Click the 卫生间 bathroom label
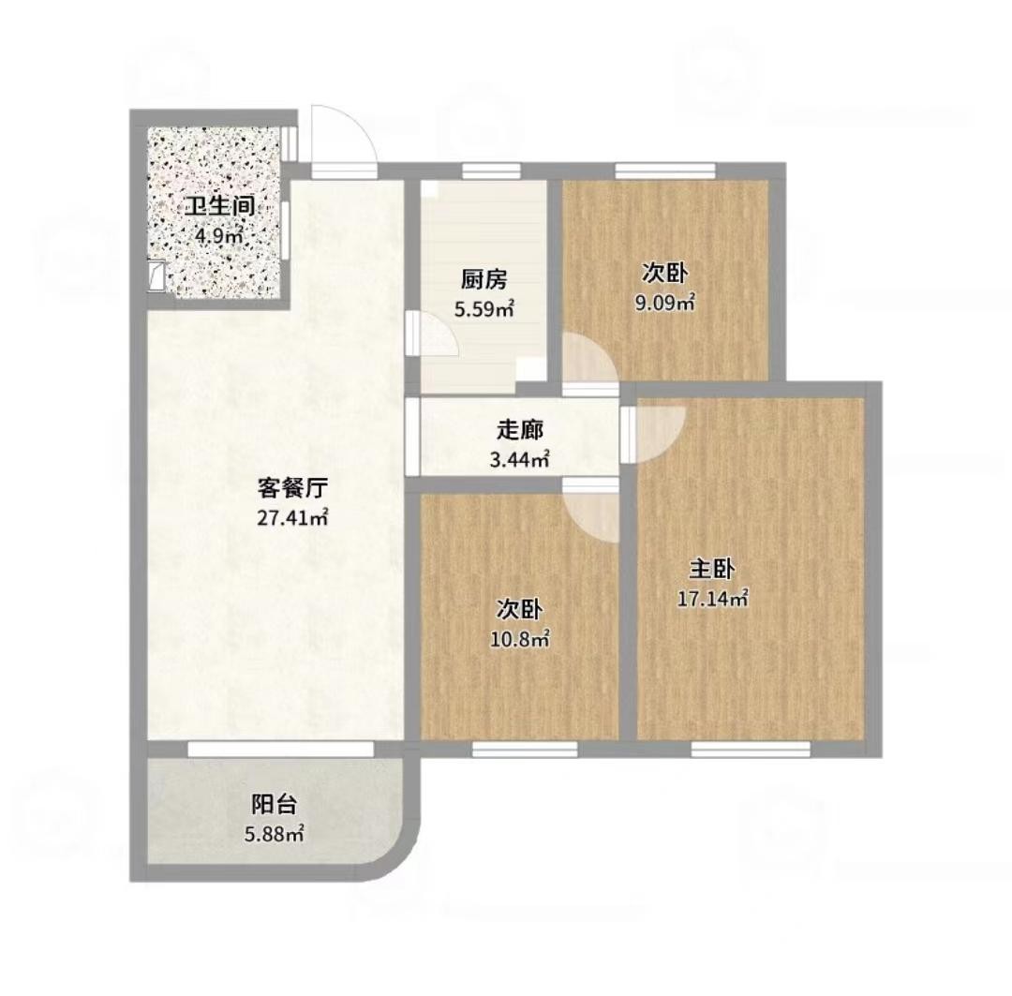(x=218, y=207)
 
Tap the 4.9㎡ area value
(x=218, y=236)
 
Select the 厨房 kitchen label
(x=484, y=280)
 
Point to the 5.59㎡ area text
(x=484, y=310)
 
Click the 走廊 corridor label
(x=519, y=431)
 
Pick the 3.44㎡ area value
(x=519, y=460)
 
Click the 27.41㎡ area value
(x=292, y=518)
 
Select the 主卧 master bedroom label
(x=712, y=570)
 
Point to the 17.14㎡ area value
(x=712, y=599)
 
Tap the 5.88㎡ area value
(x=275, y=835)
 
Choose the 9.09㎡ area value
(x=664, y=303)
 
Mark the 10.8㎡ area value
(x=519, y=640)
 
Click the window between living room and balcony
(x=281, y=749)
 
